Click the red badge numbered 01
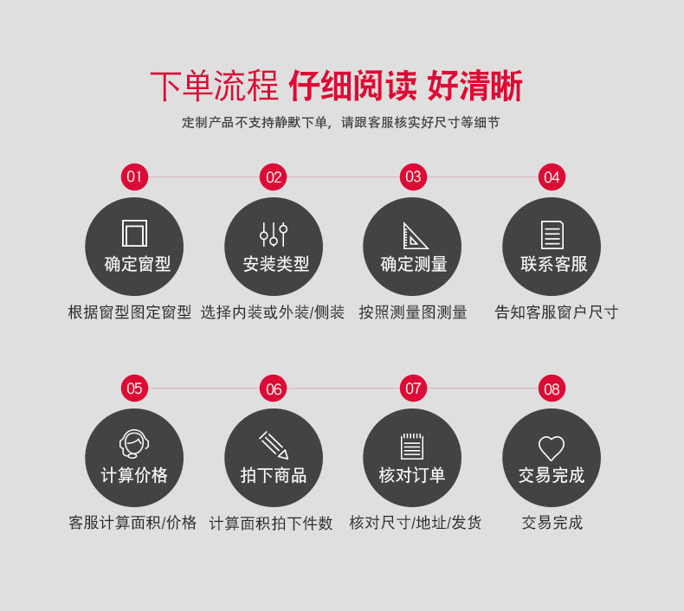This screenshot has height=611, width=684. (134, 177)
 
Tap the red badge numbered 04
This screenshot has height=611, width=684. (552, 177)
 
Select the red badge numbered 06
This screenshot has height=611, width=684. (273, 388)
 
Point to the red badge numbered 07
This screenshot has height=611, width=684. (413, 388)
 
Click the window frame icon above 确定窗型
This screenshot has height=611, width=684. (134, 234)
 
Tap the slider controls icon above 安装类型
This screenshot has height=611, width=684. (274, 235)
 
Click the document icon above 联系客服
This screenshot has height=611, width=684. (552, 235)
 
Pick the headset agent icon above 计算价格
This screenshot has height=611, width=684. (134, 444)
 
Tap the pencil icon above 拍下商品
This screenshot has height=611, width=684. (274, 446)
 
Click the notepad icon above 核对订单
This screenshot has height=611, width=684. (412, 447)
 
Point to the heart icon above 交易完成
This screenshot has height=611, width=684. (552, 448)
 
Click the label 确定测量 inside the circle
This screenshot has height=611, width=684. (414, 264)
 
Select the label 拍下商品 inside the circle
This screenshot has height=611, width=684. (274, 475)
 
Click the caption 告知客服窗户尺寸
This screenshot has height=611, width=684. (556, 312)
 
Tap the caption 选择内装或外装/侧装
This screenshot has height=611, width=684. (273, 312)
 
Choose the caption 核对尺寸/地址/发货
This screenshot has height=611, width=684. (415, 522)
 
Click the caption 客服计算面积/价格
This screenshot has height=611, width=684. (132, 522)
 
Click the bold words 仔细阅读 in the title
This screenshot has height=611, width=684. (353, 86)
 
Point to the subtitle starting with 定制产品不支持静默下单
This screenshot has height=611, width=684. (340, 123)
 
